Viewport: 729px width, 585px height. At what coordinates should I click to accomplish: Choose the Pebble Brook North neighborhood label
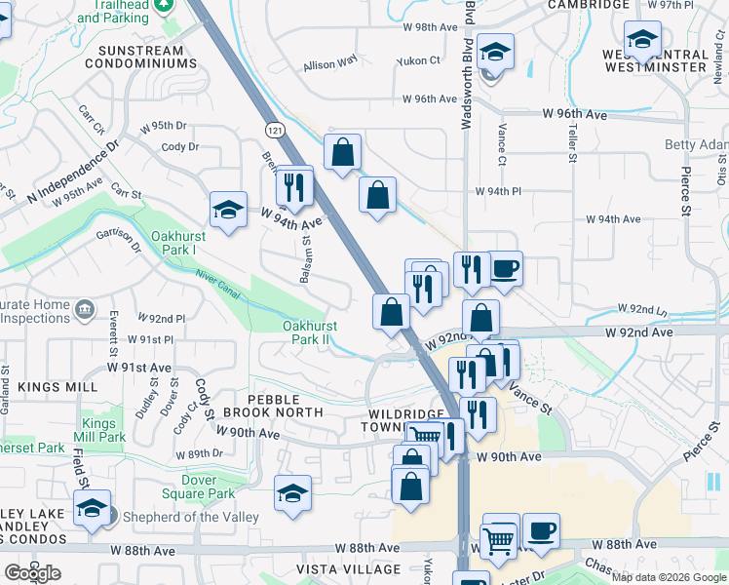click(286, 407)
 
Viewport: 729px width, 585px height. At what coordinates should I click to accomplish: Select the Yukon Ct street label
click(419, 60)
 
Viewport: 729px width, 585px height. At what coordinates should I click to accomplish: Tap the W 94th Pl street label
click(499, 191)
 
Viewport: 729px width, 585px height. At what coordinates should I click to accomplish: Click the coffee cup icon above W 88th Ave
click(541, 531)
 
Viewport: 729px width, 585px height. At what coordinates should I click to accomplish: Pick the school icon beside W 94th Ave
click(227, 211)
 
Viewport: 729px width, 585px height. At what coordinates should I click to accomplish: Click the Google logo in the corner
click(32, 573)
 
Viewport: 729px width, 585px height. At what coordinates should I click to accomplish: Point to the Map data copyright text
click(669, 577)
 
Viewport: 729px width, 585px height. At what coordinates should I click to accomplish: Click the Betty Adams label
click(696, 145)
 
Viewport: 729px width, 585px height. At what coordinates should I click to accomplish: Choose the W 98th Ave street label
click(430, 27)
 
